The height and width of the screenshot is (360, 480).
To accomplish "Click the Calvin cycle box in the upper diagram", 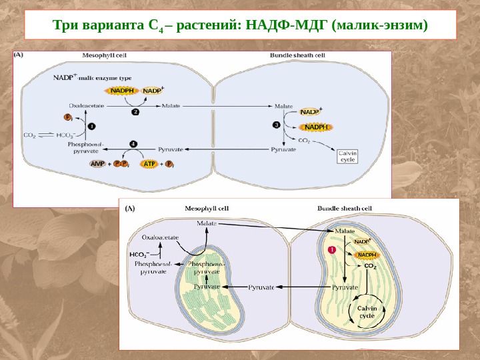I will pos(348,156).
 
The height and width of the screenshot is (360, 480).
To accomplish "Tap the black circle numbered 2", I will pos(135,112).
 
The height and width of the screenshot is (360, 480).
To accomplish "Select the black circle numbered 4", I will pos(133,143).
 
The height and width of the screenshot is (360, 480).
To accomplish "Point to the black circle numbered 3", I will pos(277,125).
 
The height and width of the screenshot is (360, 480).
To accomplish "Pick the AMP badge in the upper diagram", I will pos(97,163).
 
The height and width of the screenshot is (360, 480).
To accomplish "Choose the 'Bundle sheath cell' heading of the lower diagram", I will pos(345,208).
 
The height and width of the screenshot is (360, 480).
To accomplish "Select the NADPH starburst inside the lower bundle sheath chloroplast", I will pos(366,254).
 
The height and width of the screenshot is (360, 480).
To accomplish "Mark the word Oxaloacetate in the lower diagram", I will pos(160,236).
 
